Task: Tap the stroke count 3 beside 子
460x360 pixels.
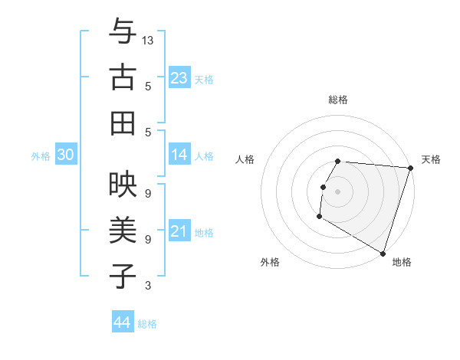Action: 148,286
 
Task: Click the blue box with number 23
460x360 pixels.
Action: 179,77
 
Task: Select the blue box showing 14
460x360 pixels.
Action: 179,155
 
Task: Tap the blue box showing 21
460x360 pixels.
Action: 179,231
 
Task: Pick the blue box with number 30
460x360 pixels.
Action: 66,155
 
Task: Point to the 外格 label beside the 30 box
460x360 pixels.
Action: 41,156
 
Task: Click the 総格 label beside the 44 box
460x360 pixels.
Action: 148,324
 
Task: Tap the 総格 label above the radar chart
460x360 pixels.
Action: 338,100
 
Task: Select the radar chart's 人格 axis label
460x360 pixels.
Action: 245,159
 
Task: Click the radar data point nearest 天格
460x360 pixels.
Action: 410,168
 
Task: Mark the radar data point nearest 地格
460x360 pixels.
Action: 382,253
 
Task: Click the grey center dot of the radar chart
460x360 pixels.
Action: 338,191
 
